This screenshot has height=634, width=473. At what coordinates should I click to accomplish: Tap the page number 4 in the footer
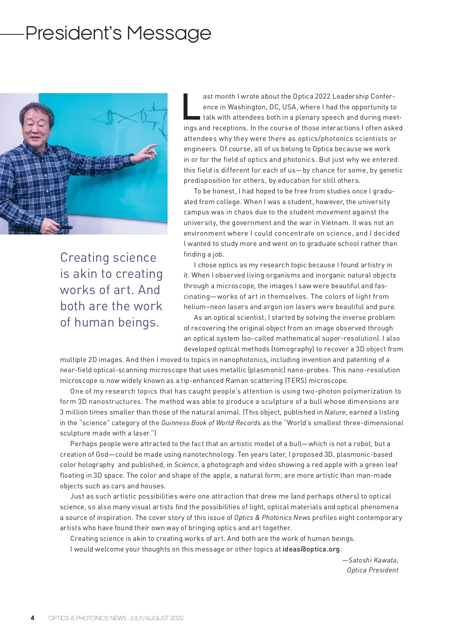tap(33, 618)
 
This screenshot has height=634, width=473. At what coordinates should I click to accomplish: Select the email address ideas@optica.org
tap(311, 549)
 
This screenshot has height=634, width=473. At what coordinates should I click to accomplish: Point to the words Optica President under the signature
tap(372, 570)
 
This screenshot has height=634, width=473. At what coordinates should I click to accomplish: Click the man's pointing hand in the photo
tap(149, 150)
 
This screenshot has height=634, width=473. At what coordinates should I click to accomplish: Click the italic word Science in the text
tap(186, 465)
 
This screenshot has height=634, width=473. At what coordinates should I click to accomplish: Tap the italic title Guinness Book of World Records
tap(211, 423)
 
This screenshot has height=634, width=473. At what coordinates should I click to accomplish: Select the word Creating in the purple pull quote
tap(83, 257)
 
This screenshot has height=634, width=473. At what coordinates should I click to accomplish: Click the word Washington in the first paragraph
tap(248, 107)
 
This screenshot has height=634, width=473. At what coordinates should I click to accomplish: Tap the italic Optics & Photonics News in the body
tap(272, 518)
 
